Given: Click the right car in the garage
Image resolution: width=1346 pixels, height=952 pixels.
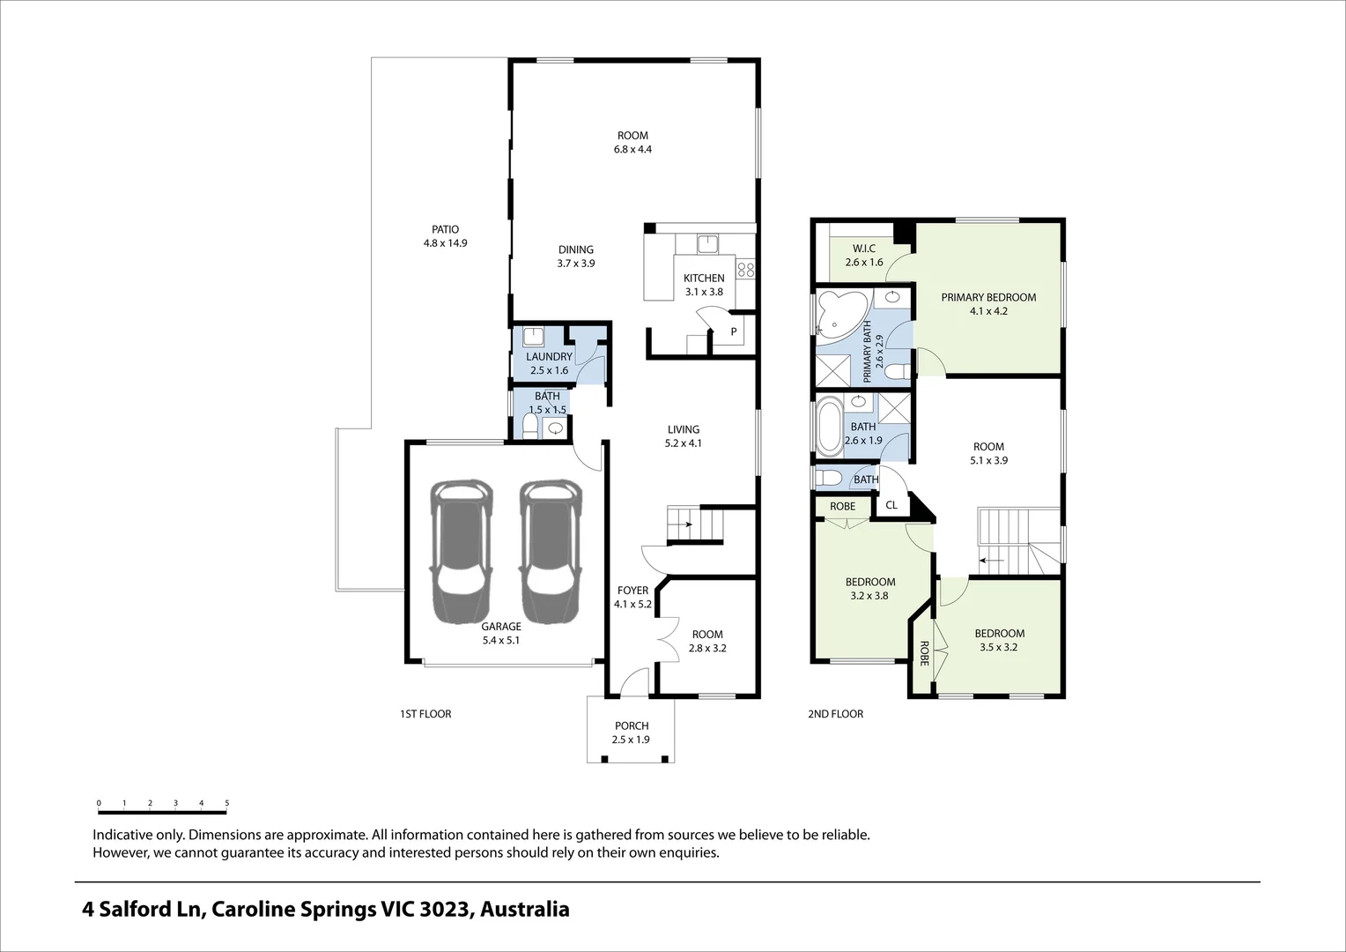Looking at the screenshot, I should click(551, 551).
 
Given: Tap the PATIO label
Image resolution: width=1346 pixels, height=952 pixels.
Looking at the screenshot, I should click(445, 229).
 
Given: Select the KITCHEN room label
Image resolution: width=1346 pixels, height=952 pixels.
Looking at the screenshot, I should click(704, 278).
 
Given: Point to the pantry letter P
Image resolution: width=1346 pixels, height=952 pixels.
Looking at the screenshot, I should click(733, 332).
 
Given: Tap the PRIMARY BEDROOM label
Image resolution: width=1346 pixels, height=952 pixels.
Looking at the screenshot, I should click(988, 297).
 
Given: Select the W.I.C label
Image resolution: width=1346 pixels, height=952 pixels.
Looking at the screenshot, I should click(863, 249).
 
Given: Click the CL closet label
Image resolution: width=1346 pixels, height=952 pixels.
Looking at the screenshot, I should click(891, 505).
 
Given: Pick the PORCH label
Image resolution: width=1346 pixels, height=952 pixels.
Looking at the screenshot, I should click(632, 726).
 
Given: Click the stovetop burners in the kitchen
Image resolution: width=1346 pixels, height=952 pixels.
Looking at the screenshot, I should click(746, 268).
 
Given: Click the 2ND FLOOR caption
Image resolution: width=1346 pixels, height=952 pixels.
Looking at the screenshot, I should click(835, 714).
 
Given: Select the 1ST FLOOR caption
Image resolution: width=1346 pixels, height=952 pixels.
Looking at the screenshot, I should click(425, 714).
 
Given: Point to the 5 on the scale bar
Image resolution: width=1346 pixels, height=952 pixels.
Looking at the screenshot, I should click(226, 803).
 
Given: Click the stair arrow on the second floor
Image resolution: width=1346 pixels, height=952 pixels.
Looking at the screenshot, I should click(992, 560).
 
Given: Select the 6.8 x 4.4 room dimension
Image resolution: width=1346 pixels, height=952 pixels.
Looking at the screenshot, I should click(632, 150).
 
